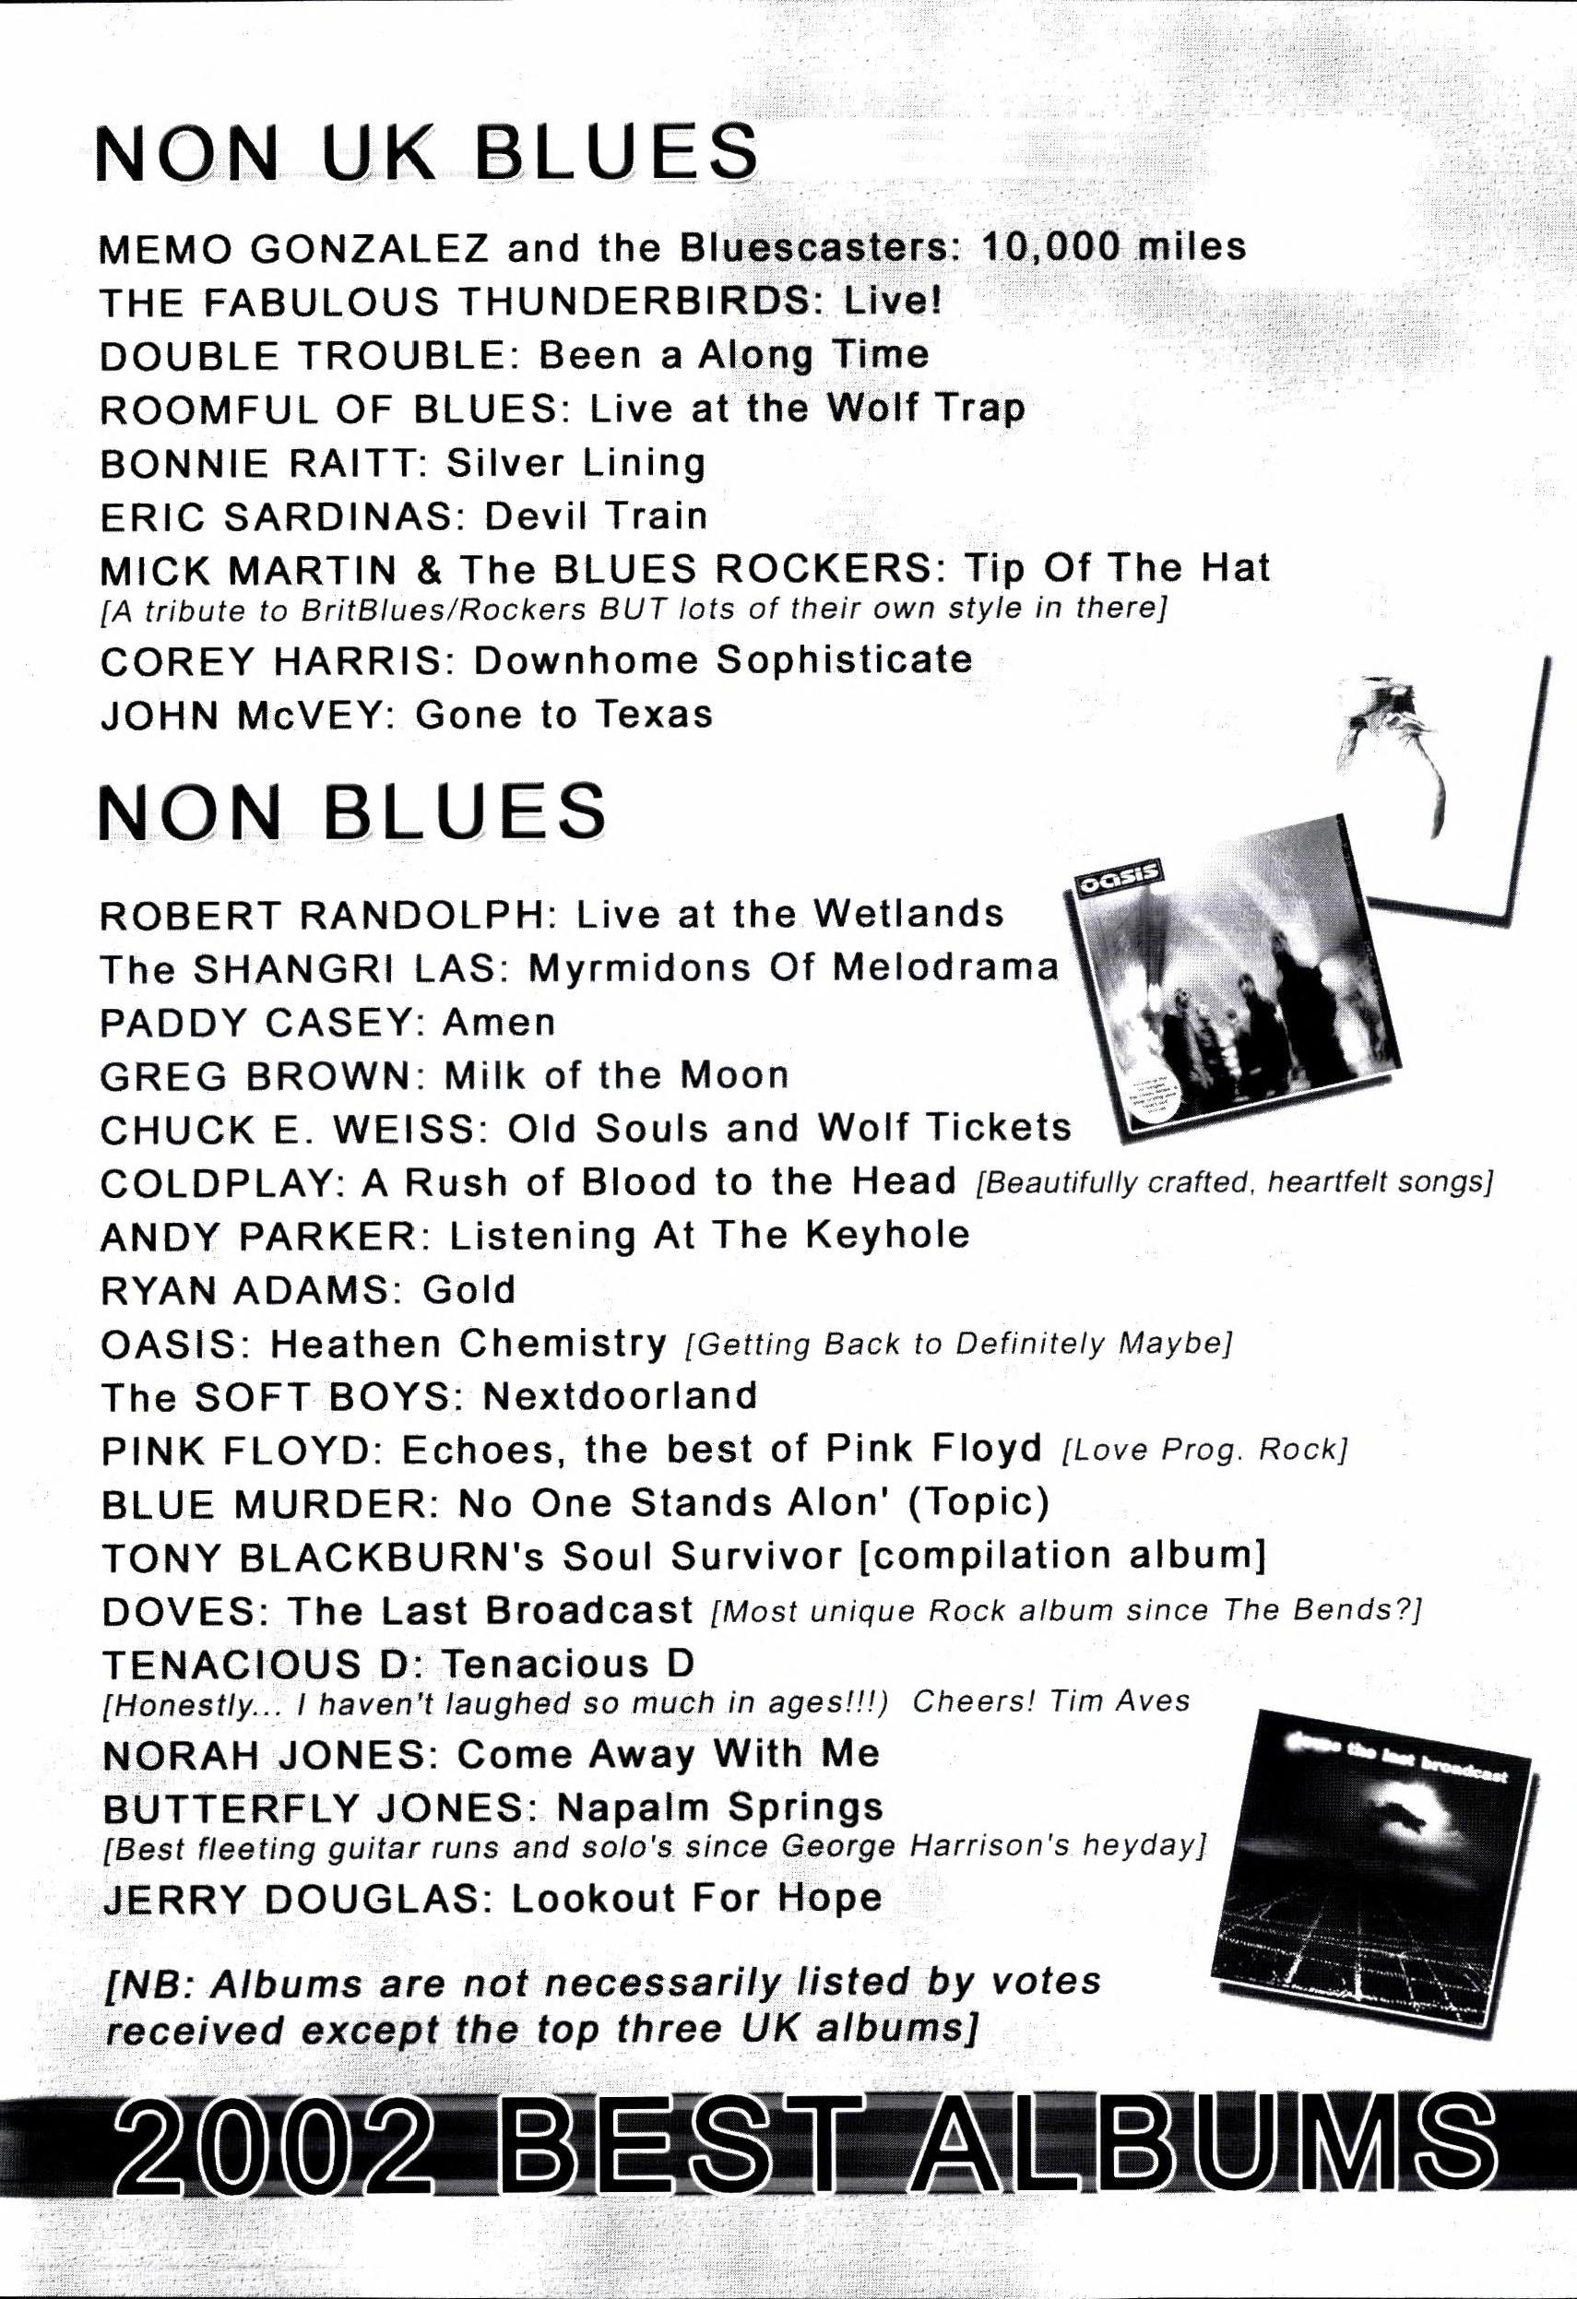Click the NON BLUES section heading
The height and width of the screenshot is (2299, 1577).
pos(352,812)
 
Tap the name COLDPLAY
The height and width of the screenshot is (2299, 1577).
pos(218,1182)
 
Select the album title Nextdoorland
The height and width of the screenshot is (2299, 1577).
pos(620,1396)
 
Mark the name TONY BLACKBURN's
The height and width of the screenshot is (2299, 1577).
pos(324,1558)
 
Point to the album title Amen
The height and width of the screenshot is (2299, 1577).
pos(499,1021)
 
